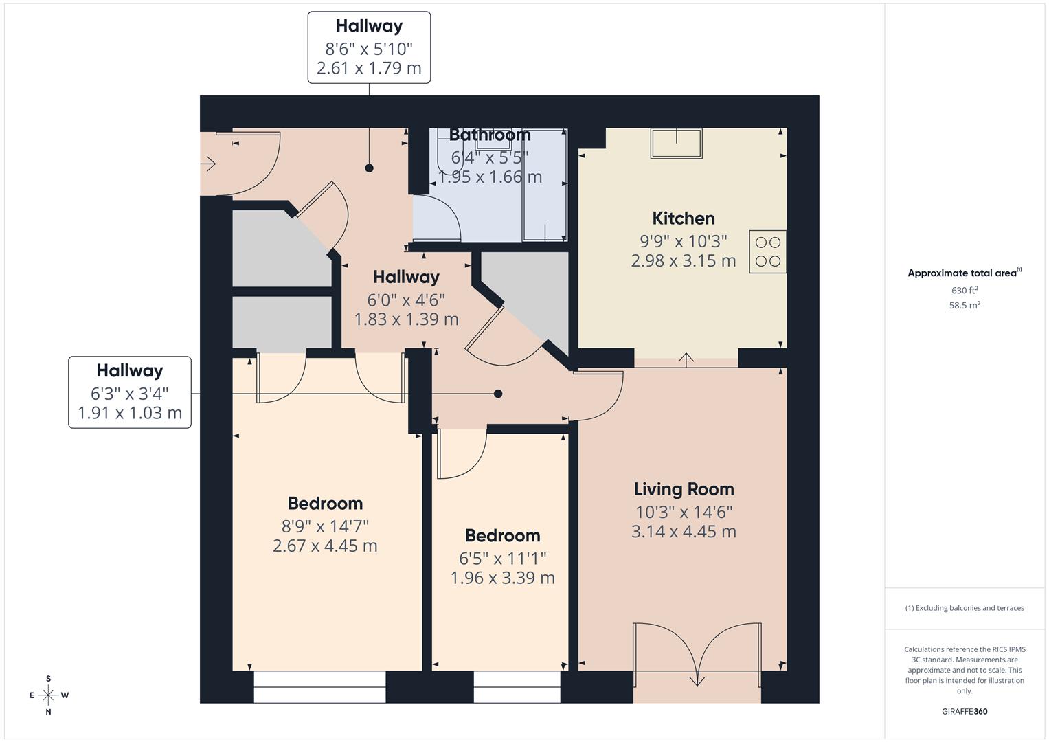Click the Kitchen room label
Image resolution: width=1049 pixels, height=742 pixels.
[683, 218]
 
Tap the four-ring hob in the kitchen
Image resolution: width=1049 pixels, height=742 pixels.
[767, 251]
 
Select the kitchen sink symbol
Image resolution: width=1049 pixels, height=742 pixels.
[677, 144]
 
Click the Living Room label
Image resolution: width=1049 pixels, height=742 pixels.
[684, 489]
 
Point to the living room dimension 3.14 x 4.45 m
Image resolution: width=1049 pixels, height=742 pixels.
[684, 532]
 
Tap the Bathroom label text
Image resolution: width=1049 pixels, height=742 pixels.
[490, 135]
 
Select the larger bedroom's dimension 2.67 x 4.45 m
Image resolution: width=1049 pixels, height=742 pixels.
[325, 546]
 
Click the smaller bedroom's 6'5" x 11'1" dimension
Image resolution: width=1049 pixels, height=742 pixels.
[502, 559]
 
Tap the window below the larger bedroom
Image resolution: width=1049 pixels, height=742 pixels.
[319, 686]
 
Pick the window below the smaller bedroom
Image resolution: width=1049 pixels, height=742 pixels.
[517, 686]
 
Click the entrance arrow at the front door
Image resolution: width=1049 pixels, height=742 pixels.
[208, 164]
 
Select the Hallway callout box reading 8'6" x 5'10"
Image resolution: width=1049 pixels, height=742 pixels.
[369, 47]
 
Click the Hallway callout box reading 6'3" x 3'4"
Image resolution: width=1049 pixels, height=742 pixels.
[130, 392]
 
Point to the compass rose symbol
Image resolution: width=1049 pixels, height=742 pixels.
[48, 695]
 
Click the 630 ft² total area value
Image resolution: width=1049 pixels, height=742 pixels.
[965, 291]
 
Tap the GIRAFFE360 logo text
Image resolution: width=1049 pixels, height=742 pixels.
[965, 712]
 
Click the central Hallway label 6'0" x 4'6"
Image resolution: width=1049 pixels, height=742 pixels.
[406, 298]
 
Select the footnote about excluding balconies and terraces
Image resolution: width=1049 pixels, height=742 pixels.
[965, 608]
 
